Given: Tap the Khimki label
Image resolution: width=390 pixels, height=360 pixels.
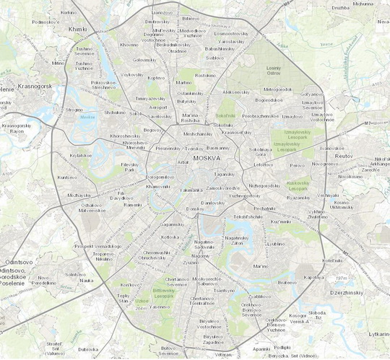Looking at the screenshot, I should coord(76,29).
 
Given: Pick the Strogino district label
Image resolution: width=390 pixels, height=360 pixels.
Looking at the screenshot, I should coord(74,110).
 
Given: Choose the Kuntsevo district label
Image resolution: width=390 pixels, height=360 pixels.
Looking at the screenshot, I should coord(67,177).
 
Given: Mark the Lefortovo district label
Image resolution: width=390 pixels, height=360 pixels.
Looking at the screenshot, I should coord(263,164).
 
